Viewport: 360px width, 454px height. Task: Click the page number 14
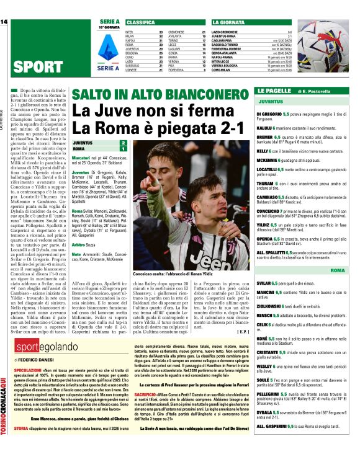coord(4,22)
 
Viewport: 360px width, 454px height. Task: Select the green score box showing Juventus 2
coord(123,143)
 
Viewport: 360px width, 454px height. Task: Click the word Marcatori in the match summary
coord(82,159)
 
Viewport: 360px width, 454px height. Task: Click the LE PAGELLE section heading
coord(276,91)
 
